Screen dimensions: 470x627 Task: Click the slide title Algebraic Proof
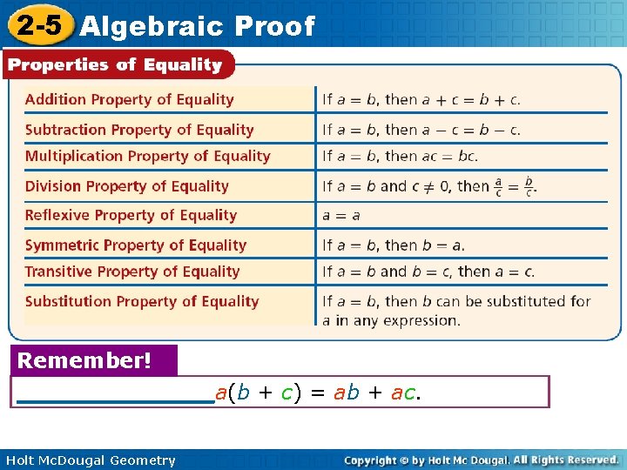tap(197, 26)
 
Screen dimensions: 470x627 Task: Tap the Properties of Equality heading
tap(116, 64)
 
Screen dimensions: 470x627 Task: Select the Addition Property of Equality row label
tap(130, 99)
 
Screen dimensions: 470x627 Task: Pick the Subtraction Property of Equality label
tap(139, 130)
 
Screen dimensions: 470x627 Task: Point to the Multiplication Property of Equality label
tap(148, 157)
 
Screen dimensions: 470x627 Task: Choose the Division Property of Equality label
tap(127, 186)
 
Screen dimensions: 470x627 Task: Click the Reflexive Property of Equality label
tap(131, 215)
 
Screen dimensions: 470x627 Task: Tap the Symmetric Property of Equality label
tap(136, 245)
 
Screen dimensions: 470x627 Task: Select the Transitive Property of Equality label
tap(132, 272)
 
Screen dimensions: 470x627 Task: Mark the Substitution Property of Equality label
tap(142, 301)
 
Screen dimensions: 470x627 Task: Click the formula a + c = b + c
tap(471, 99)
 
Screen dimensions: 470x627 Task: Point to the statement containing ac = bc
tap(400, 157)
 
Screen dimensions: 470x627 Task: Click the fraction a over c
tap(498, 187)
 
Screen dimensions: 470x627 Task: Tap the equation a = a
tap(341, 215)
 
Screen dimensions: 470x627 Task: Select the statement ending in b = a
tap(394, 245)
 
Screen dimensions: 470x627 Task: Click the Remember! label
tap(84, 360)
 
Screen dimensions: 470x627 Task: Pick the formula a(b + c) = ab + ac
tap(318, 393)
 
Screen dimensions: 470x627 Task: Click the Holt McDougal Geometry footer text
tap(91, 460)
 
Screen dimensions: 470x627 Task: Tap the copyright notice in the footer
tap(481, 460)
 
